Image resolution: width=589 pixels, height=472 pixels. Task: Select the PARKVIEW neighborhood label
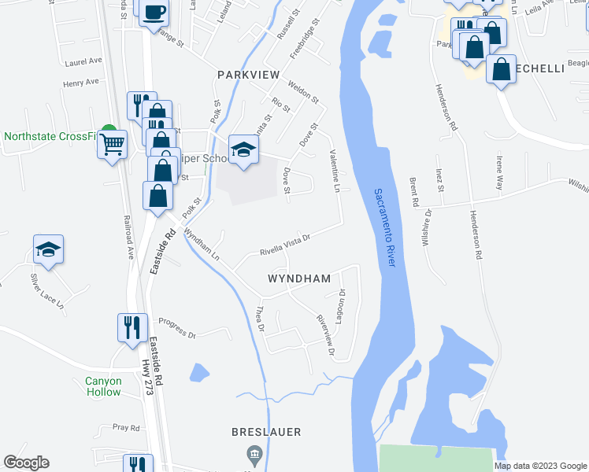249,74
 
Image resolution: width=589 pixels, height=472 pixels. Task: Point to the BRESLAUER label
267,432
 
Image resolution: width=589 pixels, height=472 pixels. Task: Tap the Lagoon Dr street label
343,303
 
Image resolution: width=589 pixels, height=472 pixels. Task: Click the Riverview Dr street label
325,335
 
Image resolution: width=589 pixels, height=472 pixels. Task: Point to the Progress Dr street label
176,327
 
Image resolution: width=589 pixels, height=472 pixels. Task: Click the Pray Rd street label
126,427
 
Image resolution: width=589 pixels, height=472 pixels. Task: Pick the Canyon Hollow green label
104,386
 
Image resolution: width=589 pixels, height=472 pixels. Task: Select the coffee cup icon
154,12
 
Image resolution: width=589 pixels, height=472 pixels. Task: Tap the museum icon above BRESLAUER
254,454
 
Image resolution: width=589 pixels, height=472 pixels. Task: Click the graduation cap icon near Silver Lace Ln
49,250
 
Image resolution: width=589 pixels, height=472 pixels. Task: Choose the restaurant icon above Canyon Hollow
132,326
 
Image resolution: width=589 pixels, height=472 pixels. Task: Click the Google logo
26,463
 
